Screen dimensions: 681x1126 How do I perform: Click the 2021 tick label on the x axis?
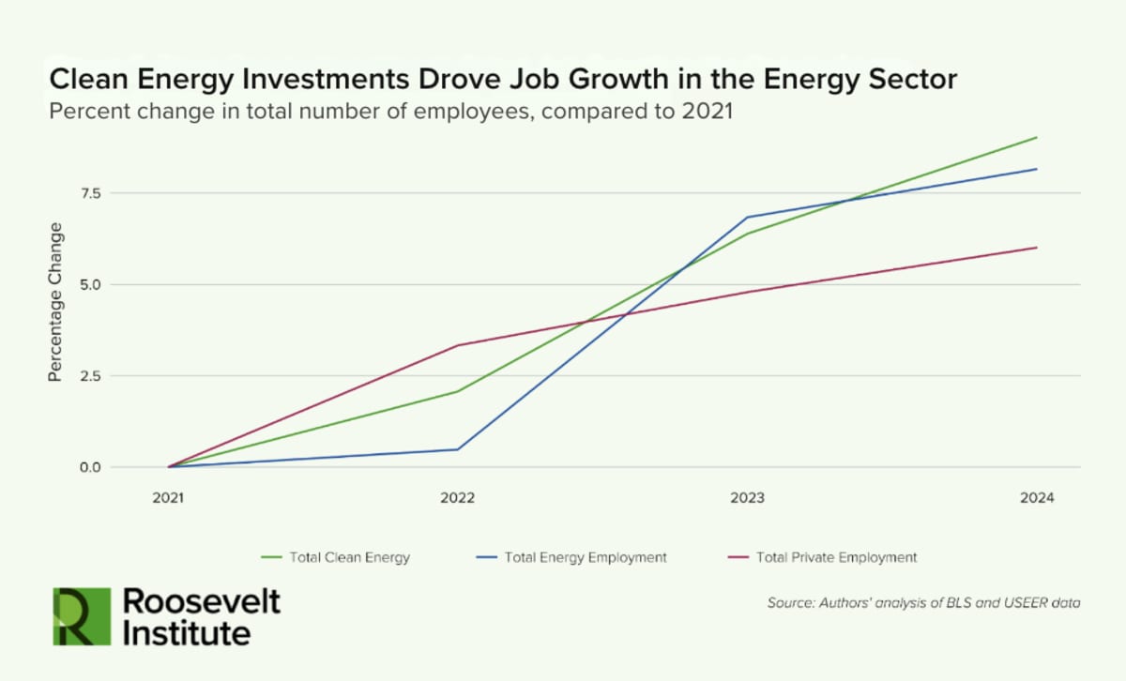click(x=169, y=498)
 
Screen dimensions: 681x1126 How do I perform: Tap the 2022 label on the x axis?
click(x=457, y=498)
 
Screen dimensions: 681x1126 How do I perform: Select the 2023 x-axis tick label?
click(x=747, y=498)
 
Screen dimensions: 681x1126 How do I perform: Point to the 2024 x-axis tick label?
click(x=1037, y=498)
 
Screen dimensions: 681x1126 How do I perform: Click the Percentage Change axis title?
click(x=55, y=301)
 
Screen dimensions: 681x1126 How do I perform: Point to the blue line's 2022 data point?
click(x=458, y=449)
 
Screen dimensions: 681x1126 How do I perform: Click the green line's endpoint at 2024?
click(x=1037, y=137)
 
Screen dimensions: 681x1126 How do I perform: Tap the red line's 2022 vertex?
click(x=458, y=345)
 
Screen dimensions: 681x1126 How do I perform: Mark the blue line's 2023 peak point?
click(x=747, y=217)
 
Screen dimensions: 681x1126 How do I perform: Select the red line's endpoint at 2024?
click(x=1037, y=248)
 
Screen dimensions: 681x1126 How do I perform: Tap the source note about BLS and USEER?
click(x=923, y=602)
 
